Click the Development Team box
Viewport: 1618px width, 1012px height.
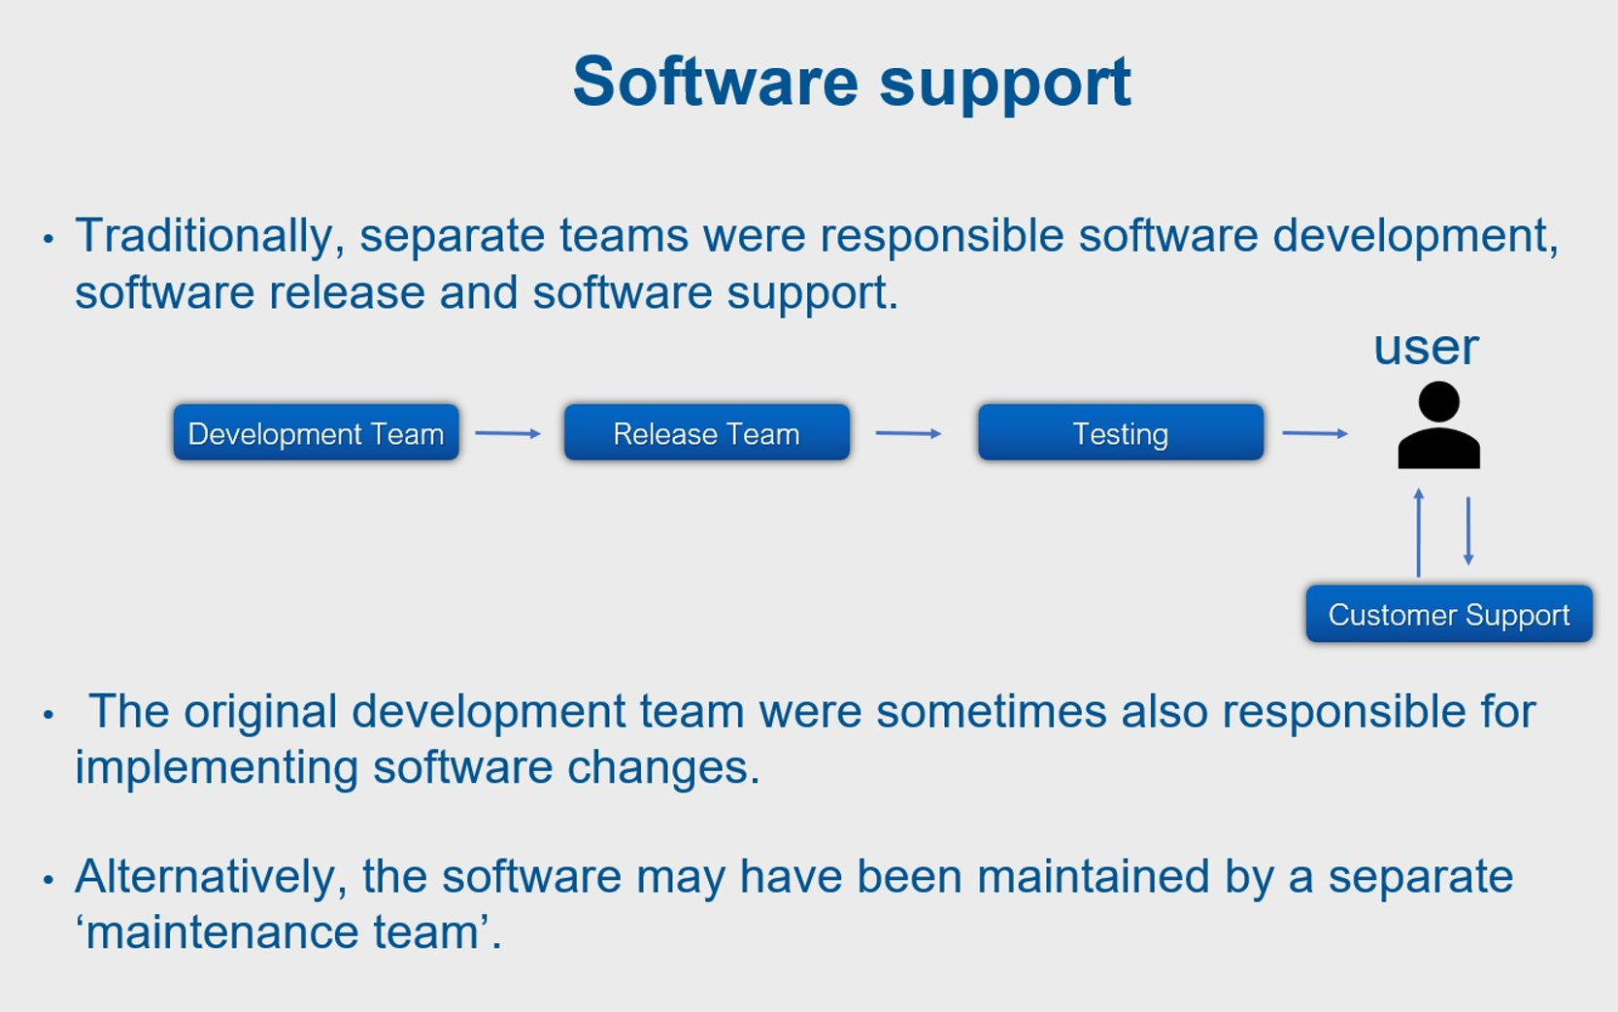[x=316, y=433]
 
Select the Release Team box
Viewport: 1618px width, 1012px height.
[x=706, y=433]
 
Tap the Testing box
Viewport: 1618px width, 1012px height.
[x=1120, y=433]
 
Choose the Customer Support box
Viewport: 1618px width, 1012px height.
[x=1448, y=614]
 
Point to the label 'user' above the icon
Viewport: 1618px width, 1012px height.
[x=1426, y=347]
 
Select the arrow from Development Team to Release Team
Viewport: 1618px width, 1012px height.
[x=508, y=433]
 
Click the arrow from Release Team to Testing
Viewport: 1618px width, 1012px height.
[x=908, y=433]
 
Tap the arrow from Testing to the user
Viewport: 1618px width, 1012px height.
[x=1315, y=433]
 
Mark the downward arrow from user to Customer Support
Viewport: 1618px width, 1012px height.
[x=1468, y=530]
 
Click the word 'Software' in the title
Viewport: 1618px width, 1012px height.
[x=715, y=82]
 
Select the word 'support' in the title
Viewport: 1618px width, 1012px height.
[x=1005, y=84]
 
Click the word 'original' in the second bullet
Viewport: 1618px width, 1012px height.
[x=260, y=712]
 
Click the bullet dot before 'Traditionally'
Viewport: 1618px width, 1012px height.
[x=49, y=238]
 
